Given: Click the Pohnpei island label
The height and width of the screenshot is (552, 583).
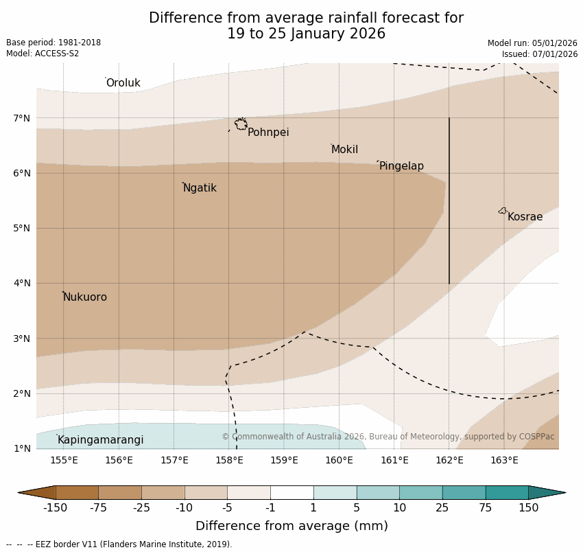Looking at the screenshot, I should coord(268,133).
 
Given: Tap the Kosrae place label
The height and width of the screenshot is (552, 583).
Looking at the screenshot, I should coord(525,217).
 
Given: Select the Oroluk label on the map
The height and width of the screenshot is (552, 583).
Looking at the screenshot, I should coord(123,83).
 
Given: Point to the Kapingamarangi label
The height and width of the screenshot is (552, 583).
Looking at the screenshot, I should coord(100,440).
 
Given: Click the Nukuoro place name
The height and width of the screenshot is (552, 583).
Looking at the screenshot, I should coord(85,297).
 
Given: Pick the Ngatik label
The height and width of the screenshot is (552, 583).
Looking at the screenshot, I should coord(200,188).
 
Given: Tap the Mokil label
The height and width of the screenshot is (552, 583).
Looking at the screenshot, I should coord(344,150).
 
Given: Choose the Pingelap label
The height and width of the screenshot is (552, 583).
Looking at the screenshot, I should coord(401,166).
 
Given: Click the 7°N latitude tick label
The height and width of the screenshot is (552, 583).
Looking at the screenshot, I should coord(22,118).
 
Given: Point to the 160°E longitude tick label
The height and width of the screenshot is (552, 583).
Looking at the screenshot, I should coord(339,460).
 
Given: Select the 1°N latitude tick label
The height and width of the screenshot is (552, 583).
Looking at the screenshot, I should coord(22,448).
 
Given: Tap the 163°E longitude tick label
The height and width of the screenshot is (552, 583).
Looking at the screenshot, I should coord(504,460).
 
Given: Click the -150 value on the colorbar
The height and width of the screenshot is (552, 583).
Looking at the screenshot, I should coord(55,508).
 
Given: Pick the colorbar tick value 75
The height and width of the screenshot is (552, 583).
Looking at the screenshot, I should coord(486,508).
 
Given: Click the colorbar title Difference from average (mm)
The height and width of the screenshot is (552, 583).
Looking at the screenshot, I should coord(291,527).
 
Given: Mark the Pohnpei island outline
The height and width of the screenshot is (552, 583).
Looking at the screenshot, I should coord(241,124).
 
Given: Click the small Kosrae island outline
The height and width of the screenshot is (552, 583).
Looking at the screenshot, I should coord(503,211).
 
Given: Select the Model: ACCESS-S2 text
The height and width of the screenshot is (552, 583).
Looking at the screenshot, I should coord(43,54).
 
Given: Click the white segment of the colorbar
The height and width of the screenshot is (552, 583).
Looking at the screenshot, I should coord(291,492).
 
